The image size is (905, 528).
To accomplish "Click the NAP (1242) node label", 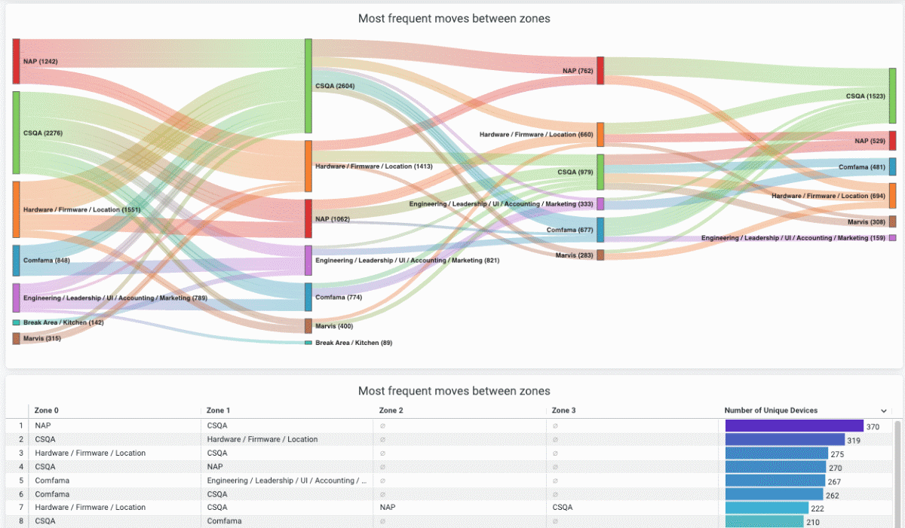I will (x=40, y=61).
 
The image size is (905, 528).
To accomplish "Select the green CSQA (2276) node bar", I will (x=16, y=133).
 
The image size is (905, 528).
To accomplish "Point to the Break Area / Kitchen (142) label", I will (x=63, y=322).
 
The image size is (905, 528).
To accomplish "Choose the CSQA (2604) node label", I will (x=335, y=86).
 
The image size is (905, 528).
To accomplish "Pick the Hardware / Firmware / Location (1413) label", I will (x=373, y=166).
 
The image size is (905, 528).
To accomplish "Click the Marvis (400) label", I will (x=333, y=326).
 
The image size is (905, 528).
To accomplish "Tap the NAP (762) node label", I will (x=578, y=71).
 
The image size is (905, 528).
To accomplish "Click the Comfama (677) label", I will (x=570, y=230).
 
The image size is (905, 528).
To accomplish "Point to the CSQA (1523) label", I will (x=865, y=96).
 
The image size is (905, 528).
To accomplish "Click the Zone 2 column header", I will (x=391, y=410).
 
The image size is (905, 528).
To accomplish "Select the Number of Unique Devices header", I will (x=771, y=410).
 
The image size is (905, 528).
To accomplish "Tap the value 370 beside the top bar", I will (x=873, y=426).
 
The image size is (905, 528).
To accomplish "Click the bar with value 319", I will (x=784, y=440).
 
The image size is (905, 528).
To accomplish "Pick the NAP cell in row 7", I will (x=389, y=508).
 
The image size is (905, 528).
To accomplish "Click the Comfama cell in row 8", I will (x=224, y=521).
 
